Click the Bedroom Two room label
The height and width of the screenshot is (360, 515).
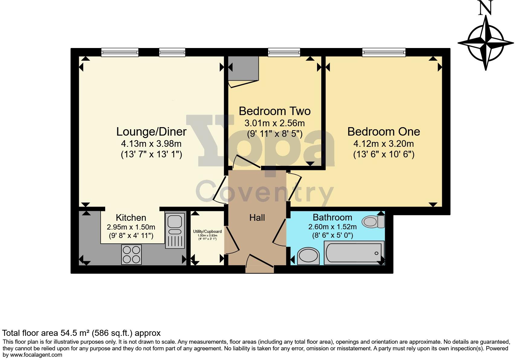[x=274, y=111]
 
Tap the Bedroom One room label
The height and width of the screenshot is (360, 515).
[x=384, y=132]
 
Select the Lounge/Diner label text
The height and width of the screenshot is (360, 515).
[x=151, y=132]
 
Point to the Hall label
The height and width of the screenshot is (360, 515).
[x=257, y=217]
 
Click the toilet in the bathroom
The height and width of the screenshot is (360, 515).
[x=374, y=221]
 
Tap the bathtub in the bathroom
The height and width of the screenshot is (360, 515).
[x=354, y=253]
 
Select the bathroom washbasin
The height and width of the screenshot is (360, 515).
[x=308, y=256]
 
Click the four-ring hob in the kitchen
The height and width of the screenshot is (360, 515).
[x=131, y=254]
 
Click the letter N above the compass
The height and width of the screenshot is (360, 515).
[x=486, y=8]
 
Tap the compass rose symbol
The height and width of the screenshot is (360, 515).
[x=486, y=42]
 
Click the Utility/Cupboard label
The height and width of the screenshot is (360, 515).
[x=207, y=232]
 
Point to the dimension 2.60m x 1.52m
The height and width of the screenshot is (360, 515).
[x=332, y=227]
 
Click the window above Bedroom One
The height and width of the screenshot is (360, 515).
[x=384, y=53]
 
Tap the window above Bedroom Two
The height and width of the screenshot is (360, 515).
[x=284, y=53]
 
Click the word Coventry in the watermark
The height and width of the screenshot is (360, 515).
[x=264, y=192]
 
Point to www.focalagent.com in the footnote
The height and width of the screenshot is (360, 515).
[x=32, y=355]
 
